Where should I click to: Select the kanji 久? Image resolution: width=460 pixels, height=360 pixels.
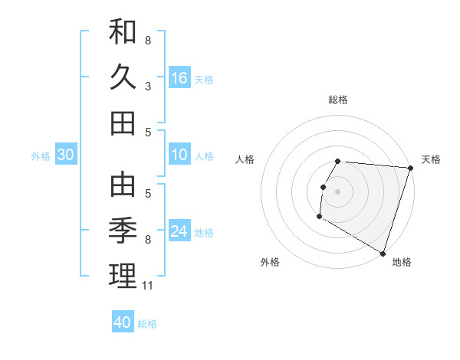[123, 77]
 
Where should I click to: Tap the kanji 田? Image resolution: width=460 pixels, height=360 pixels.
[123, 123]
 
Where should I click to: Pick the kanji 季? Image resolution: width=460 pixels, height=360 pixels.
[123, 230]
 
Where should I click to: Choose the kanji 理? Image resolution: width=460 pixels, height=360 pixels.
[123, 275]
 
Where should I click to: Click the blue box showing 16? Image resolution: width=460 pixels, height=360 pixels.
[179, 77]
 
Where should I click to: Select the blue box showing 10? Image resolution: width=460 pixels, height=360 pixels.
[179, 155]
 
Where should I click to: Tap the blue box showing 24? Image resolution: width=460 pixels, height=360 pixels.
[179, 231]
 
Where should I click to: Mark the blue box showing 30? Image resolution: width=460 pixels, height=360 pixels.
[65, 155]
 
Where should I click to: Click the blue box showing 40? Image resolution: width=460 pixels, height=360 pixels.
[123, 322]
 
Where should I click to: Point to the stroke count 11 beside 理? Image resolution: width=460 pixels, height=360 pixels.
[149, 286]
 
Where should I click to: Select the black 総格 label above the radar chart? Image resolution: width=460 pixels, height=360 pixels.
[337, 100]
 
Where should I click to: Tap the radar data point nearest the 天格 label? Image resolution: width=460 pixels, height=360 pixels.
[410, 169]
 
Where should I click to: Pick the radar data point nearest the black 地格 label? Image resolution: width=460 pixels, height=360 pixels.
[383, 253]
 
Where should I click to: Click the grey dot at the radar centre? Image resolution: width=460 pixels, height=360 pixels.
[337, 191]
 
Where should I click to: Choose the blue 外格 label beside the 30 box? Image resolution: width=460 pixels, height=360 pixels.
[41, 155]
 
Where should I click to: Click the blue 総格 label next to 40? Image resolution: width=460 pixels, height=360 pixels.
[147, 324]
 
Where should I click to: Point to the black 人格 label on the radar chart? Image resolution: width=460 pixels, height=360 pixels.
[245, 159]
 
